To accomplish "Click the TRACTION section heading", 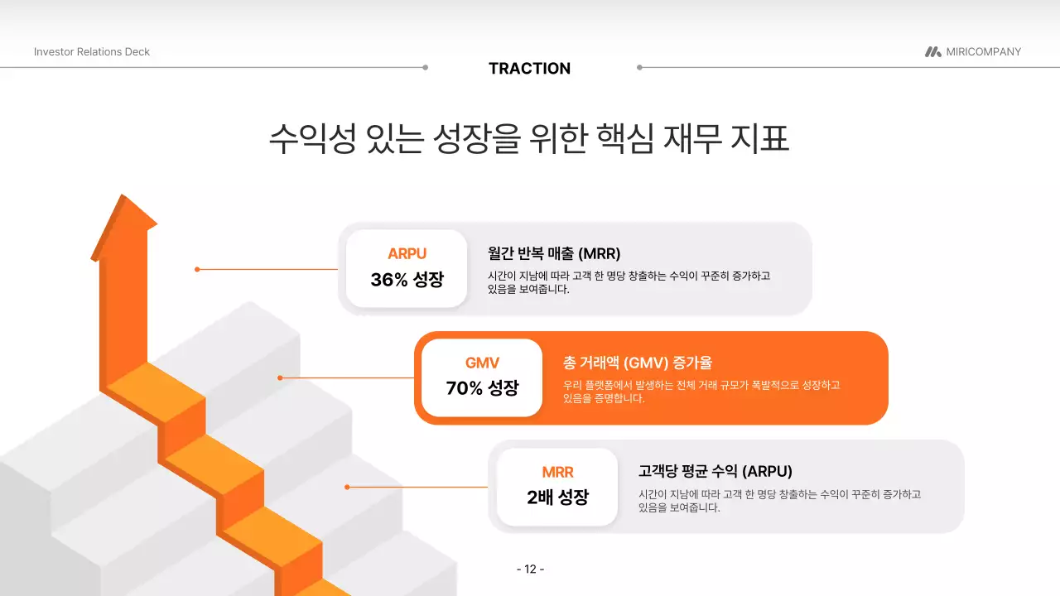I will (x=529, y=69).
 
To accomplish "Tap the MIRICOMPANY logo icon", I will (x=932, y=51).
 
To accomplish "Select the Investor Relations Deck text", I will (x=92, y=51).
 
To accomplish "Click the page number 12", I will (x=530, y=569).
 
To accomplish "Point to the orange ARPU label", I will (x=407, y=254).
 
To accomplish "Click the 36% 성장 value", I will (x=407, y=280).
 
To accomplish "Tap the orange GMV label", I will (x=482, y=363).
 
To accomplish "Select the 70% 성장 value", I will (x=482, y=388).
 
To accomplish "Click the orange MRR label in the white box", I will (x=557, y=473).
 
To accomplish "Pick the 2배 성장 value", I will (x=557, y=498).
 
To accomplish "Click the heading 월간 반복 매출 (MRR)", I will (x=554, y=253).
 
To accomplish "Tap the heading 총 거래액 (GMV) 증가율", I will (x=638, y=363).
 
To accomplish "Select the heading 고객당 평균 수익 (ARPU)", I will (x=715, y=472).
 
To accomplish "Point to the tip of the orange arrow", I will (x=124, y=197).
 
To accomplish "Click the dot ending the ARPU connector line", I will (x=197, y=269).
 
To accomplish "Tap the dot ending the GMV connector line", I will (x=280, y=377).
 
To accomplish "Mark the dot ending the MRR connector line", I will (x=347, y=487).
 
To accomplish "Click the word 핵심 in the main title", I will (x=619, y=138).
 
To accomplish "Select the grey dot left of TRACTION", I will (x=426, y=68).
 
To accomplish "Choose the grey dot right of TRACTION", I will (x=639, y=68).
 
